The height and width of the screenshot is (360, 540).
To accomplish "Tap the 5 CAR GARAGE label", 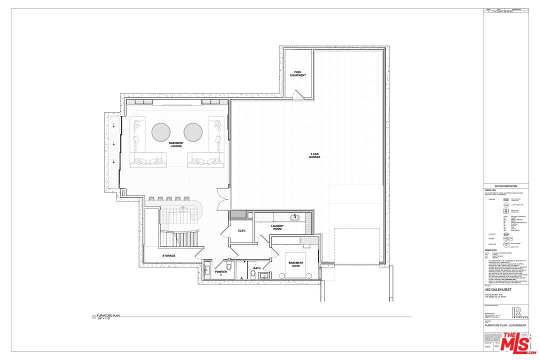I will point(314,155).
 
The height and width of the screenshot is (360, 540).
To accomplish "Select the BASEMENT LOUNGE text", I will point(176,144).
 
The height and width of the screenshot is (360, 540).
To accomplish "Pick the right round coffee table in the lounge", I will point(193,132).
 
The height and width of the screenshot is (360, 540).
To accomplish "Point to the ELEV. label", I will point(242,230).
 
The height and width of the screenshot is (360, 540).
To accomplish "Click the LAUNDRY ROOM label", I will point(277,227).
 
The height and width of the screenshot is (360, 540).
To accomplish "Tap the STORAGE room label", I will point(168,256).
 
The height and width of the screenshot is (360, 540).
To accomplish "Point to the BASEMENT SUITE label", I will point(296,264).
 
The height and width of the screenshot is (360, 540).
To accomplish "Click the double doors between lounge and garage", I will point(222,199).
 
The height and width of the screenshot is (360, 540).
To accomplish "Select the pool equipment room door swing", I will point(297,94).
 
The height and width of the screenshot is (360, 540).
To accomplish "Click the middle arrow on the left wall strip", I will point(113,144).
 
